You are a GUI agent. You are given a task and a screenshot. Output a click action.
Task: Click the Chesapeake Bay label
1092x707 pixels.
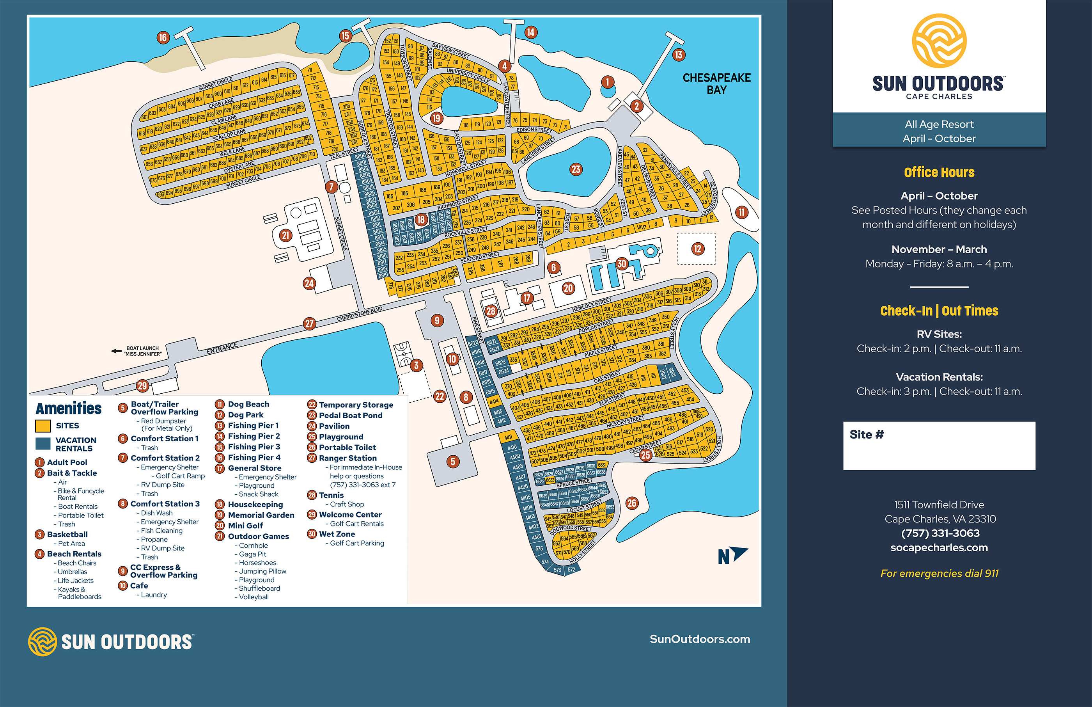click(x=716, y=83)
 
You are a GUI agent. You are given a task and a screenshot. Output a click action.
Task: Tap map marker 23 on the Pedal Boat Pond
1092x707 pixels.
click(x=575, y=169)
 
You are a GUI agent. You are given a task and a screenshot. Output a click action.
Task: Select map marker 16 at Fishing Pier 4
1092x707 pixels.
click(x=162, y=37)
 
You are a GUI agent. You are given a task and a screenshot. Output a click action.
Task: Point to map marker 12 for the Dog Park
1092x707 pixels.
click(x=697, y=249)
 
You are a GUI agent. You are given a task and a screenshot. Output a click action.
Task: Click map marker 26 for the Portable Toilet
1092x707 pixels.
click(x=631, y=503)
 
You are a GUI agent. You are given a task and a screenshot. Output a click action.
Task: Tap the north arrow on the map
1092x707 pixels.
click(x=732, y=556)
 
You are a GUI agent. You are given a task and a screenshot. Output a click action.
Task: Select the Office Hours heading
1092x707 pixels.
click(x=939, y=172)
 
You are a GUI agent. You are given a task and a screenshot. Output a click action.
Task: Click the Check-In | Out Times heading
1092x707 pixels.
click(x=939, y=311)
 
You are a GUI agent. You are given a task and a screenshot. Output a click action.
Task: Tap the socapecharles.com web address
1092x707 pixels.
click(x=939, y=547)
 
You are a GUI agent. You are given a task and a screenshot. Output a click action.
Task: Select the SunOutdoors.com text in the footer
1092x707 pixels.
click(x=699, y=639)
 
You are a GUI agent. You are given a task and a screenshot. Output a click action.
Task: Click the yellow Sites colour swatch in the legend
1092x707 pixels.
click(x=43, y=426)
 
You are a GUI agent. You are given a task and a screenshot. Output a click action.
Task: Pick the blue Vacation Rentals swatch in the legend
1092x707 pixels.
click(x=43, y=444)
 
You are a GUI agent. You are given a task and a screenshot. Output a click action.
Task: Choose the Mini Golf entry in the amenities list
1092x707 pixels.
click(x=245, y=526)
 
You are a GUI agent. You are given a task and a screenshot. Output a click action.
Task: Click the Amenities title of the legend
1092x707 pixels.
click(x=69, y=408)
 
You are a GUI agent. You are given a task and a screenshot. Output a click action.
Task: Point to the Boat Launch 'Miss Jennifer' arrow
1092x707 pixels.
click(x=117, y=351)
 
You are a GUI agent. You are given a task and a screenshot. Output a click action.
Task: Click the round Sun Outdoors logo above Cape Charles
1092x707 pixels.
click(x=939, y=41)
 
